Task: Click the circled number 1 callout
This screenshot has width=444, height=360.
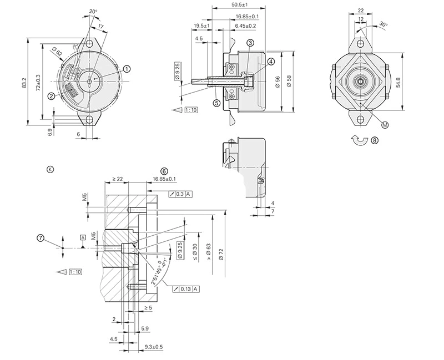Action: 127,69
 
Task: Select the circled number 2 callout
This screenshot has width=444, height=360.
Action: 51,96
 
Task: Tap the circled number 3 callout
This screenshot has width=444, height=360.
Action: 250,43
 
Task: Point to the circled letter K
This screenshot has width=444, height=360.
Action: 51,169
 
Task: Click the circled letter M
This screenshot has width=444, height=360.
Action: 385,125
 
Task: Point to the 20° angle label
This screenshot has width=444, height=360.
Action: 92,11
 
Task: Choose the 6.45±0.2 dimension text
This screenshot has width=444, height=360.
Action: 245,26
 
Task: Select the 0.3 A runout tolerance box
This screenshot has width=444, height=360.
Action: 181,194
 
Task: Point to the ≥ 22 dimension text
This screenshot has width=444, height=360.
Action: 117,179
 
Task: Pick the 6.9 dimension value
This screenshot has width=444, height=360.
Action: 50,132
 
